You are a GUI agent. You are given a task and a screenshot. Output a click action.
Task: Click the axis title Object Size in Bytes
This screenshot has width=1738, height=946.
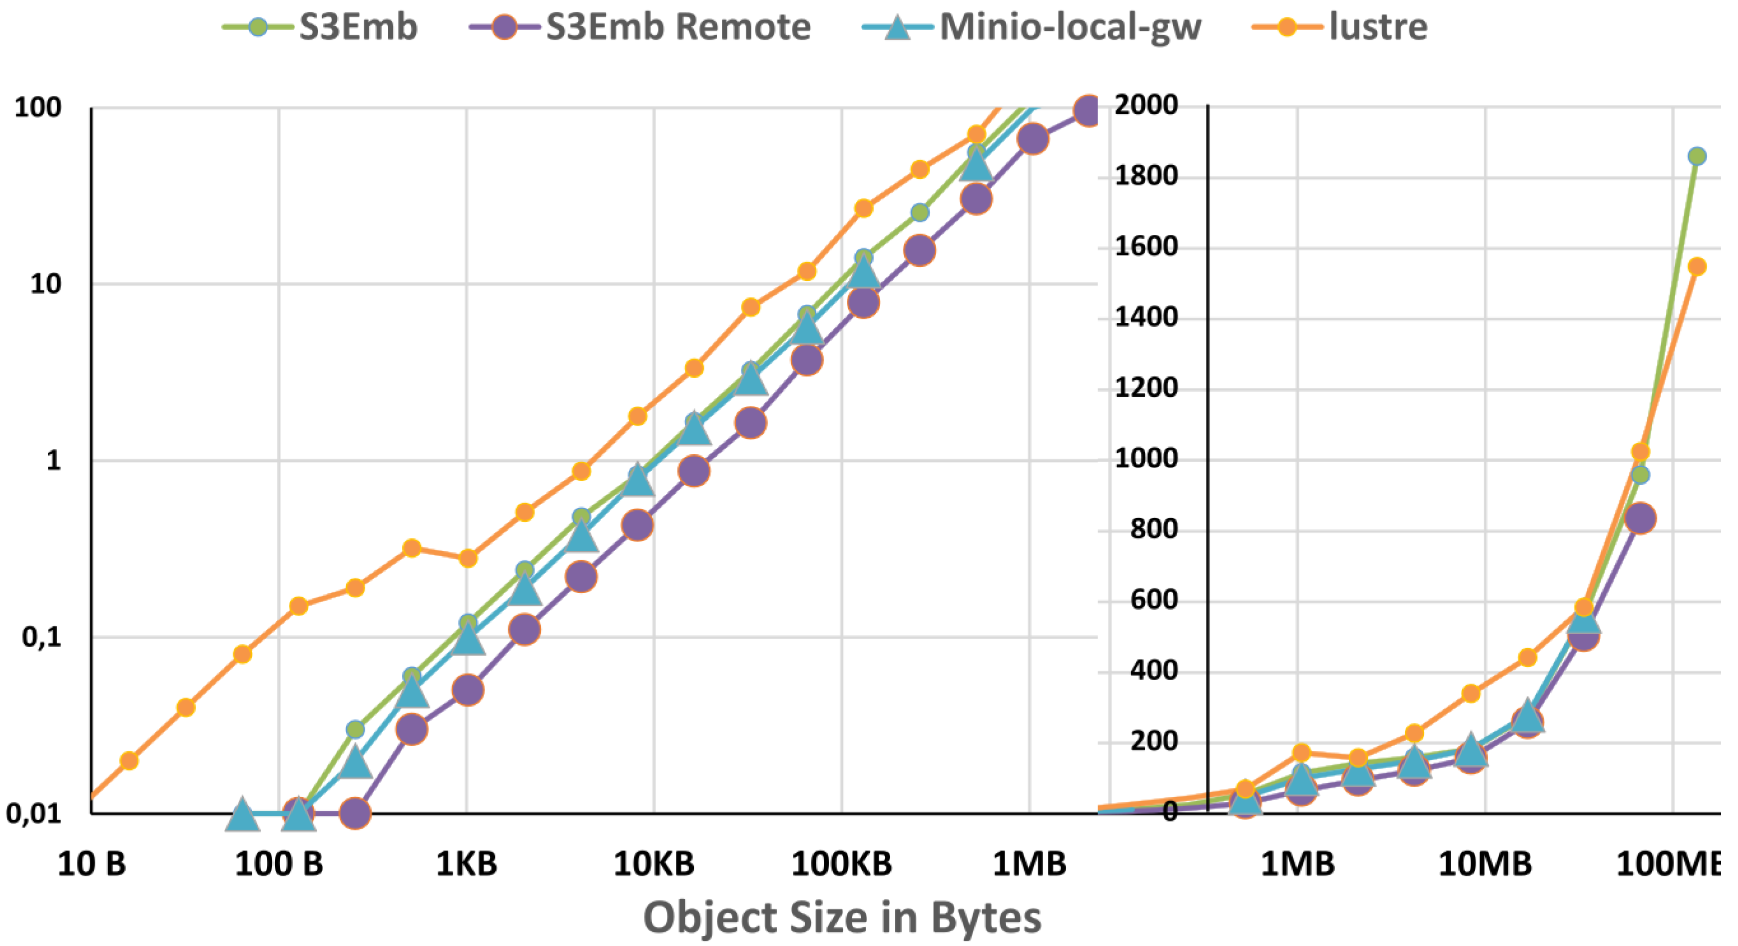point(842,918)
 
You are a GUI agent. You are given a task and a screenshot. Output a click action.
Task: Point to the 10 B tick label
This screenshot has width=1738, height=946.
point(92,864)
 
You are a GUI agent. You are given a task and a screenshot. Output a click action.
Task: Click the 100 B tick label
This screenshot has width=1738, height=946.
point(279,864)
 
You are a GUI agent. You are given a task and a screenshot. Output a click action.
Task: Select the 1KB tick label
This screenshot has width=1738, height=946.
point(466,864)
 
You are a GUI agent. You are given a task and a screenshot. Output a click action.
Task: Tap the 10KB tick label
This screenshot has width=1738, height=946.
point(654,864)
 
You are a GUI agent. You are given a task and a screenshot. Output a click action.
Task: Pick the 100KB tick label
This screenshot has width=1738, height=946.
point(841,864)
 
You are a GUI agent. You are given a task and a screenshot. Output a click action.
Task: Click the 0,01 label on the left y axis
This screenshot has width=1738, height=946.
point(34,814)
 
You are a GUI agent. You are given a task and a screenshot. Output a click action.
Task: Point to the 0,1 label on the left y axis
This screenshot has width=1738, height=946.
point(42,637)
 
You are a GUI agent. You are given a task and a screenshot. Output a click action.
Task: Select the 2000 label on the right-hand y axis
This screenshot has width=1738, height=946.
point(1146,105)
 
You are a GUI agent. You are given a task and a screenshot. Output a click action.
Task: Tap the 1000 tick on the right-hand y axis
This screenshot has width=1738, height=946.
point(1146,459)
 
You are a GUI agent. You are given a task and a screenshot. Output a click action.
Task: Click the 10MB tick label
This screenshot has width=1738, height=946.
point(1485,864)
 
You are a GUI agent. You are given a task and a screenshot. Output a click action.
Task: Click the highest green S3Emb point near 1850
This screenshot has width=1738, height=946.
point(1696,156)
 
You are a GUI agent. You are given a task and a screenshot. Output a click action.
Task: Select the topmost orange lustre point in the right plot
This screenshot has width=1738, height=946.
point(1696,266)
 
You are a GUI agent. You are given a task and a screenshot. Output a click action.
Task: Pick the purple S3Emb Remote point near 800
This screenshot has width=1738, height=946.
point(1640,518)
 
